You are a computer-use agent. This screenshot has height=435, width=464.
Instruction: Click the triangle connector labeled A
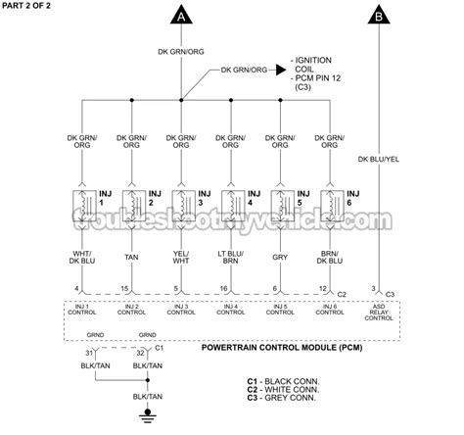(x=182, y=16)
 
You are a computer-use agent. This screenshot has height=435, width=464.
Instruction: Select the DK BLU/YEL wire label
(x=379, y=158)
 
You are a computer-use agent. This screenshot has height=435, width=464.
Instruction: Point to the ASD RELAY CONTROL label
(x=379, y=313)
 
